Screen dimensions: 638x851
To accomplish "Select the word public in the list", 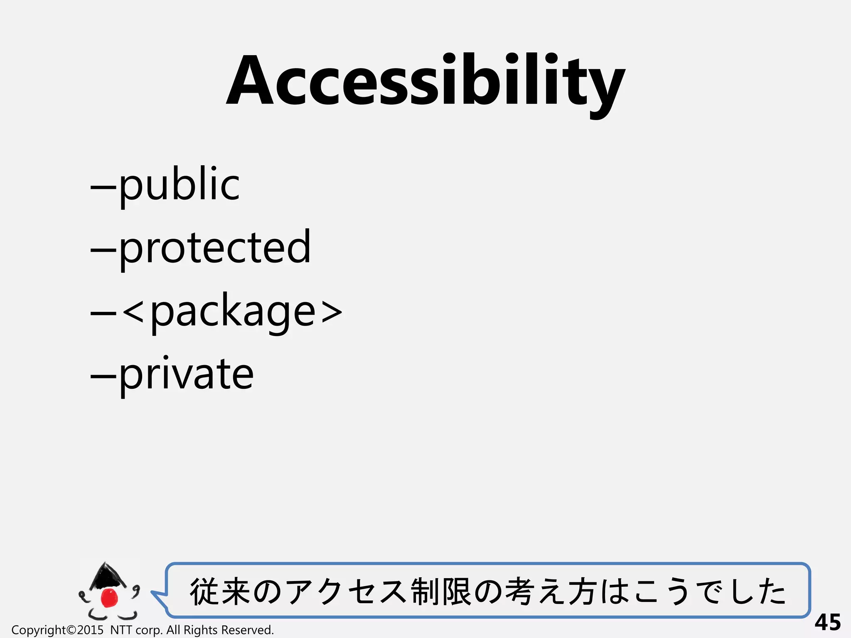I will pyautogui.click(x=179, y=185).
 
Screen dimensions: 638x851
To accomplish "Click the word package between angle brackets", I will pyautogui.click(x=233, y=312).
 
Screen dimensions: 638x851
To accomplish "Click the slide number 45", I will pyautogui.click(x=827, y=622).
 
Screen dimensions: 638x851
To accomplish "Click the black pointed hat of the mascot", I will pyautogui.click(x=106, y=576).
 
